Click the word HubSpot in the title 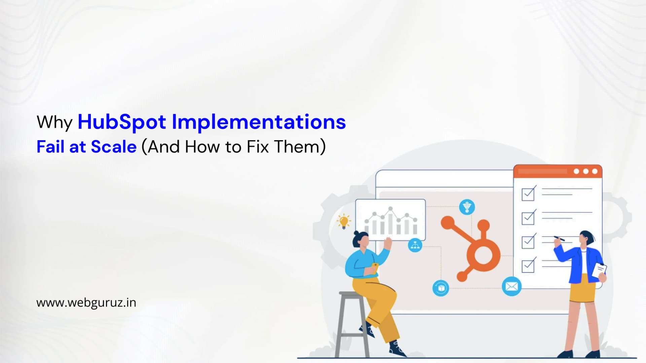point(122,122)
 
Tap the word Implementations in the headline point(259,122)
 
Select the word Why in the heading point(55,122)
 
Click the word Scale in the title point(114,147)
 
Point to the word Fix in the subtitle point(257,147)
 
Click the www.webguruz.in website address point(86,302)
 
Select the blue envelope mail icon point(511,286)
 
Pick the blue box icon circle point(441,288)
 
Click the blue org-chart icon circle point(415,245)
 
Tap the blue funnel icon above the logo point(467,207)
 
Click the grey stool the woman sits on point(352,319)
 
